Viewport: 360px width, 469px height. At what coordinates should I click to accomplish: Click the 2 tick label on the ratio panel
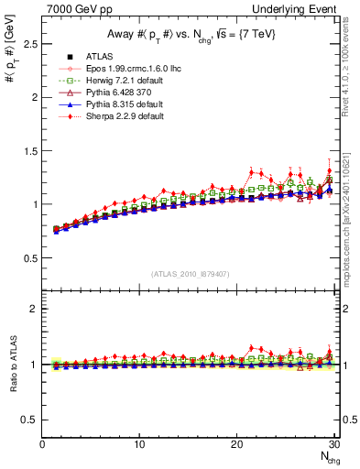click(x=34, y=309)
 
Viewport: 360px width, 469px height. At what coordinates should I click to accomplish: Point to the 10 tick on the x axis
click(x=139, y=444)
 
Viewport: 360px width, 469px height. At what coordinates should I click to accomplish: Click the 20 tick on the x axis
click(x=236, y=444)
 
